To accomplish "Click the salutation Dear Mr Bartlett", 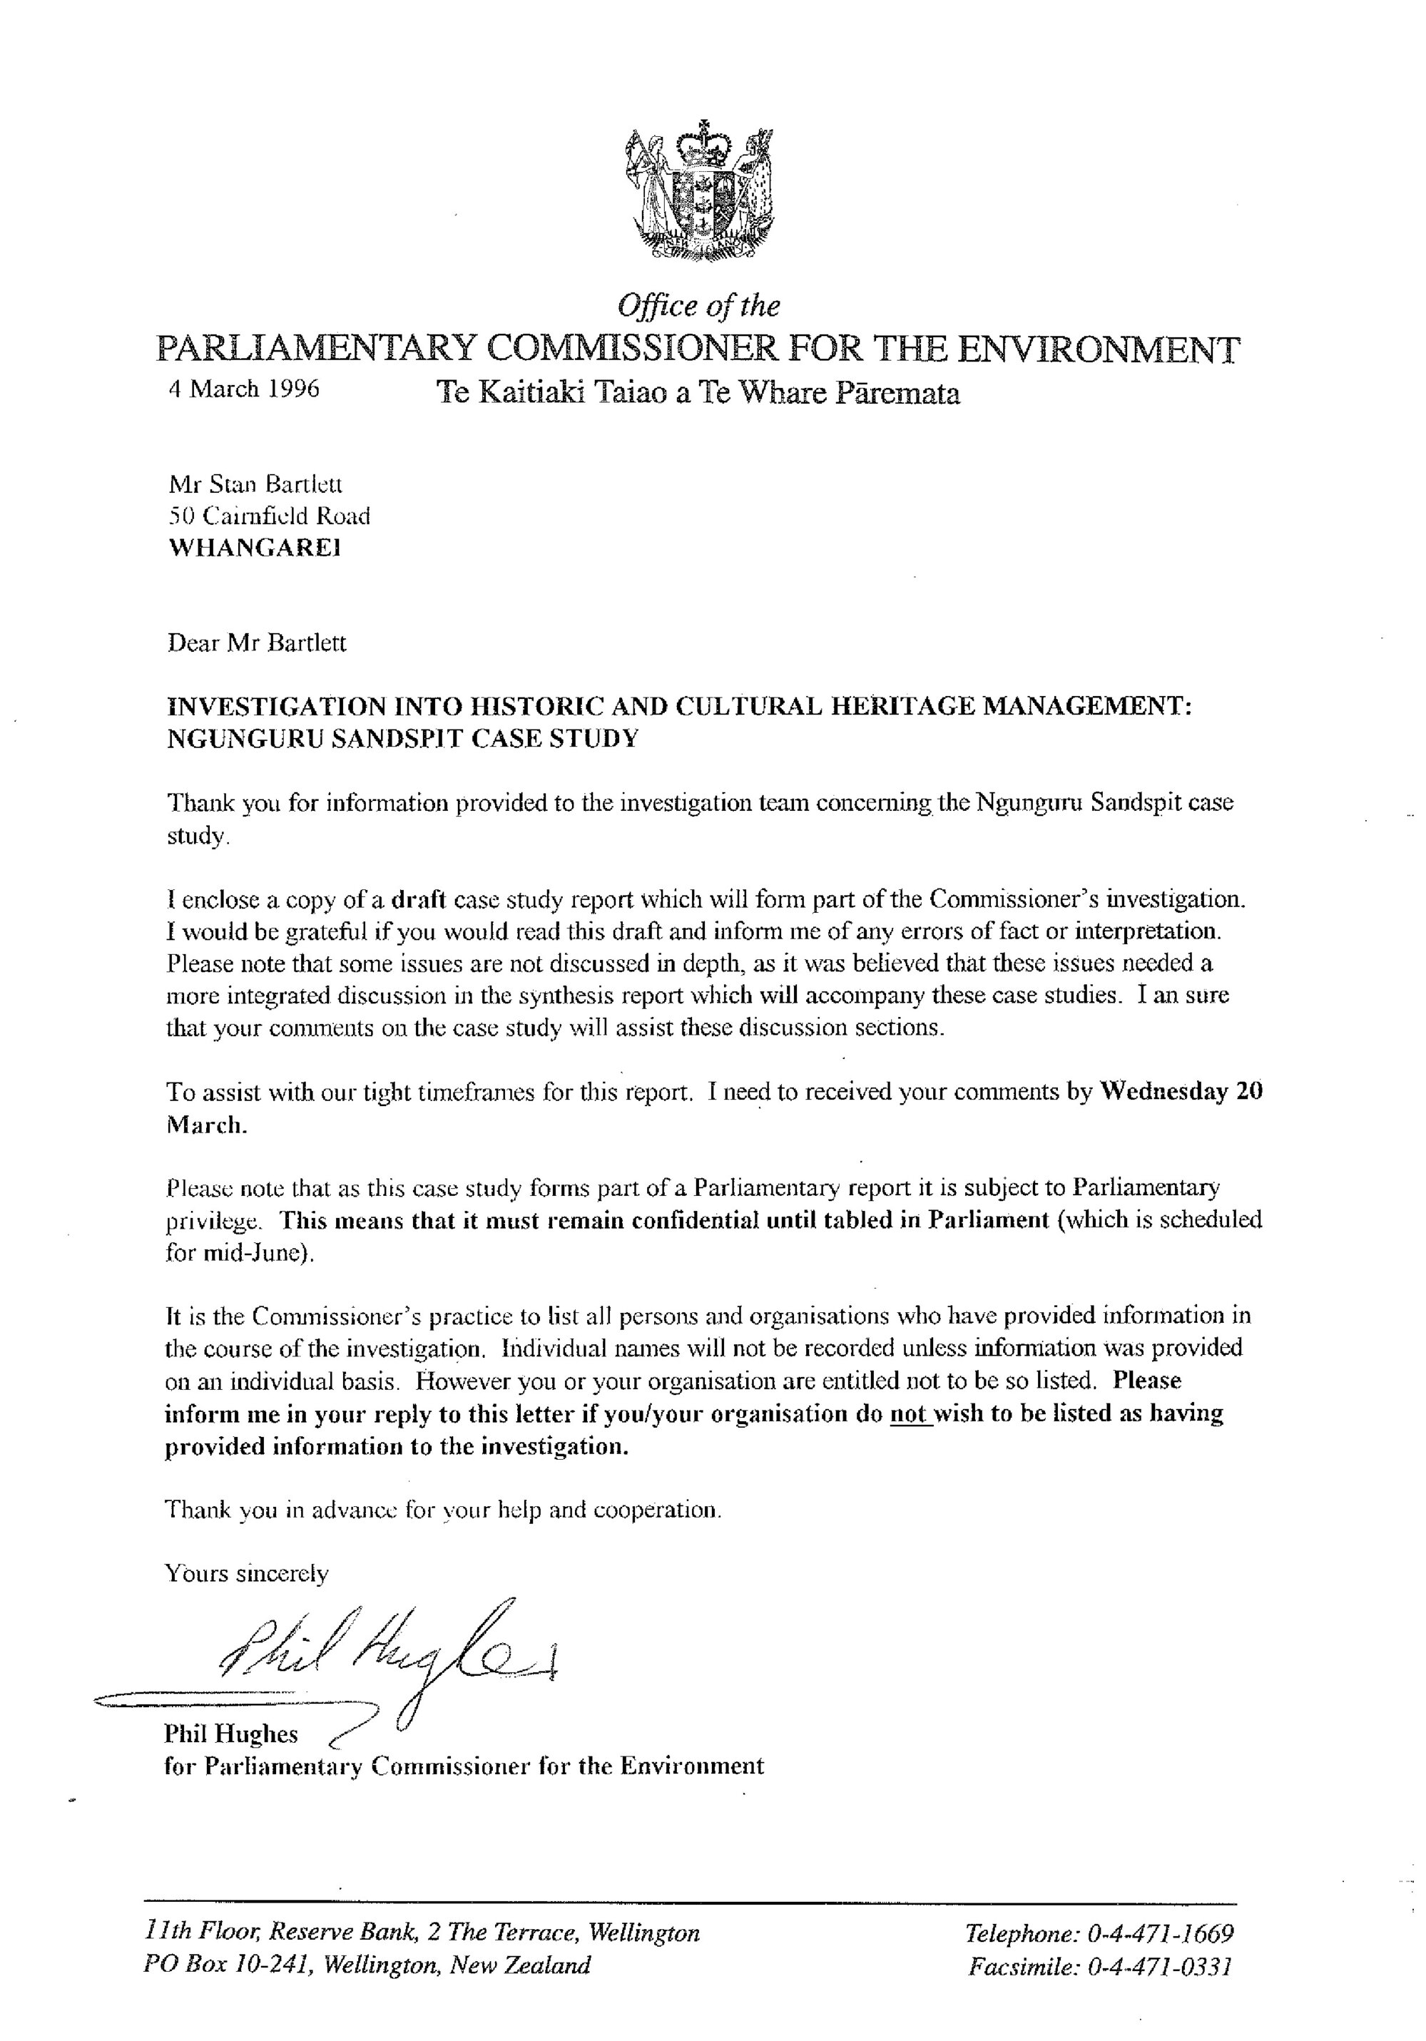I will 257,643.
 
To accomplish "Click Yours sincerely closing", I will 246,1573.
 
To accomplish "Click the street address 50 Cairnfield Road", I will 268,516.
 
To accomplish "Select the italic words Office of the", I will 699,306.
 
